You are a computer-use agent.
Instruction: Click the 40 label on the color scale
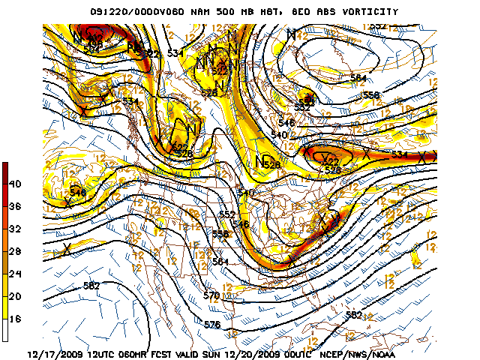(x=15, y=184)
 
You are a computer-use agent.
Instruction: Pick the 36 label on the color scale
(x=15, y=206)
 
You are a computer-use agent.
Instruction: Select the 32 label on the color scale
(x=15, y=229)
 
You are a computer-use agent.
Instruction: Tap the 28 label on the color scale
(x=15, y=251)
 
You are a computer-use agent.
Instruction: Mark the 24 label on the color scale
(x=15, y=274)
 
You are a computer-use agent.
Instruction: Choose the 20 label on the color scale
(x=15, y=296)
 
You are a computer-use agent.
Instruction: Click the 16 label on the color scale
(x=15, y=319)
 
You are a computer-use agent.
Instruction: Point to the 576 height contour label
(x=212, y=324)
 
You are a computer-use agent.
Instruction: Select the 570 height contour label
(x=211, y=295)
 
